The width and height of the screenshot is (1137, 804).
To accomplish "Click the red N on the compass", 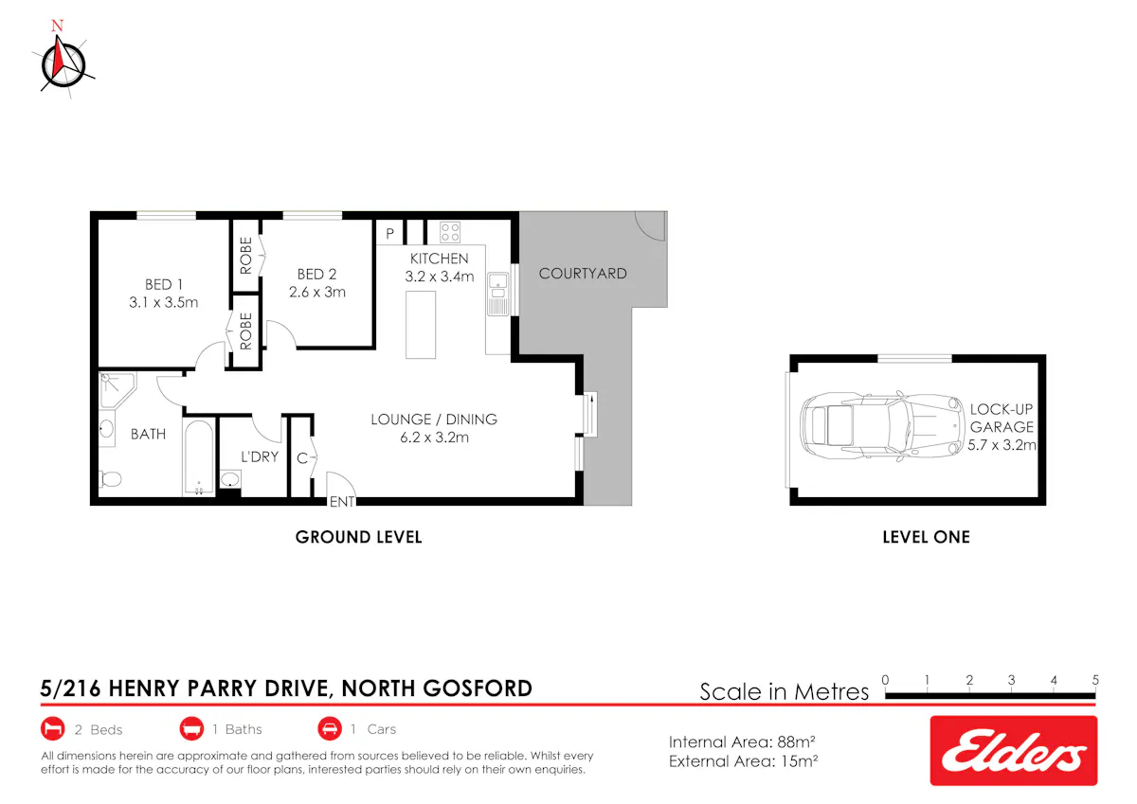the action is click(x=58, y=26).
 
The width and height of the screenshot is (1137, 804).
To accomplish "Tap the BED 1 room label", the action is click(x=163, y=284).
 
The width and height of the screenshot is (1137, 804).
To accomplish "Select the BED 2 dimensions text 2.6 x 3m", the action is click(x=317, y=293).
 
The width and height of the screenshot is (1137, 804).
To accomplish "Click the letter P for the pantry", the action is click(x=389, y=234).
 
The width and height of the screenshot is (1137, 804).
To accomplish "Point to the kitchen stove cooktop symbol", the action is click(x=450, y=232).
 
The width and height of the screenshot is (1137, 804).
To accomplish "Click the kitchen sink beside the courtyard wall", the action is click(x=498, y=295).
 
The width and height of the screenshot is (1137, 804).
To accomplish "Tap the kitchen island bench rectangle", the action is click(x=421, y=325).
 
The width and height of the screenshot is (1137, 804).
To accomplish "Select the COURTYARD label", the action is click(x=583, y=274).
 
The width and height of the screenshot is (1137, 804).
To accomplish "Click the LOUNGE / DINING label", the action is click(x=434, y=420).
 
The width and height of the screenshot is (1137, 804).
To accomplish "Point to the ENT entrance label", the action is click(x=342, y=502).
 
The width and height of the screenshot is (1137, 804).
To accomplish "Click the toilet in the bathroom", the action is click(x=110, y=479).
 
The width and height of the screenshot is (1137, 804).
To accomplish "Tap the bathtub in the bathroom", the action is click(x=198, y=457).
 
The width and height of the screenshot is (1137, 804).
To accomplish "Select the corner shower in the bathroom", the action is click(x=117, y=390).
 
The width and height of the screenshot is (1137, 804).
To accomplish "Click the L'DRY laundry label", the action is click(x=260, y=457).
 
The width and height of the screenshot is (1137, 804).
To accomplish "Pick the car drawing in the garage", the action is click(x=882, y=426).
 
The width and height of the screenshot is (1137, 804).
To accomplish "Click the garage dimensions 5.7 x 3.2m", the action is click(x=1002, y=445).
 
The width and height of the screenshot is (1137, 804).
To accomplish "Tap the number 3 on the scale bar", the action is click(x=1011, y=680).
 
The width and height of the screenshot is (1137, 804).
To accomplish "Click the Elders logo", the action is click(x=1014, y=751).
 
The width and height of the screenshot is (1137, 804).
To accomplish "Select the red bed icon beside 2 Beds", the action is click(x=53, y=729).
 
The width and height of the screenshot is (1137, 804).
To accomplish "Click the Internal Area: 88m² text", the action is click(x=742, y=742).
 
